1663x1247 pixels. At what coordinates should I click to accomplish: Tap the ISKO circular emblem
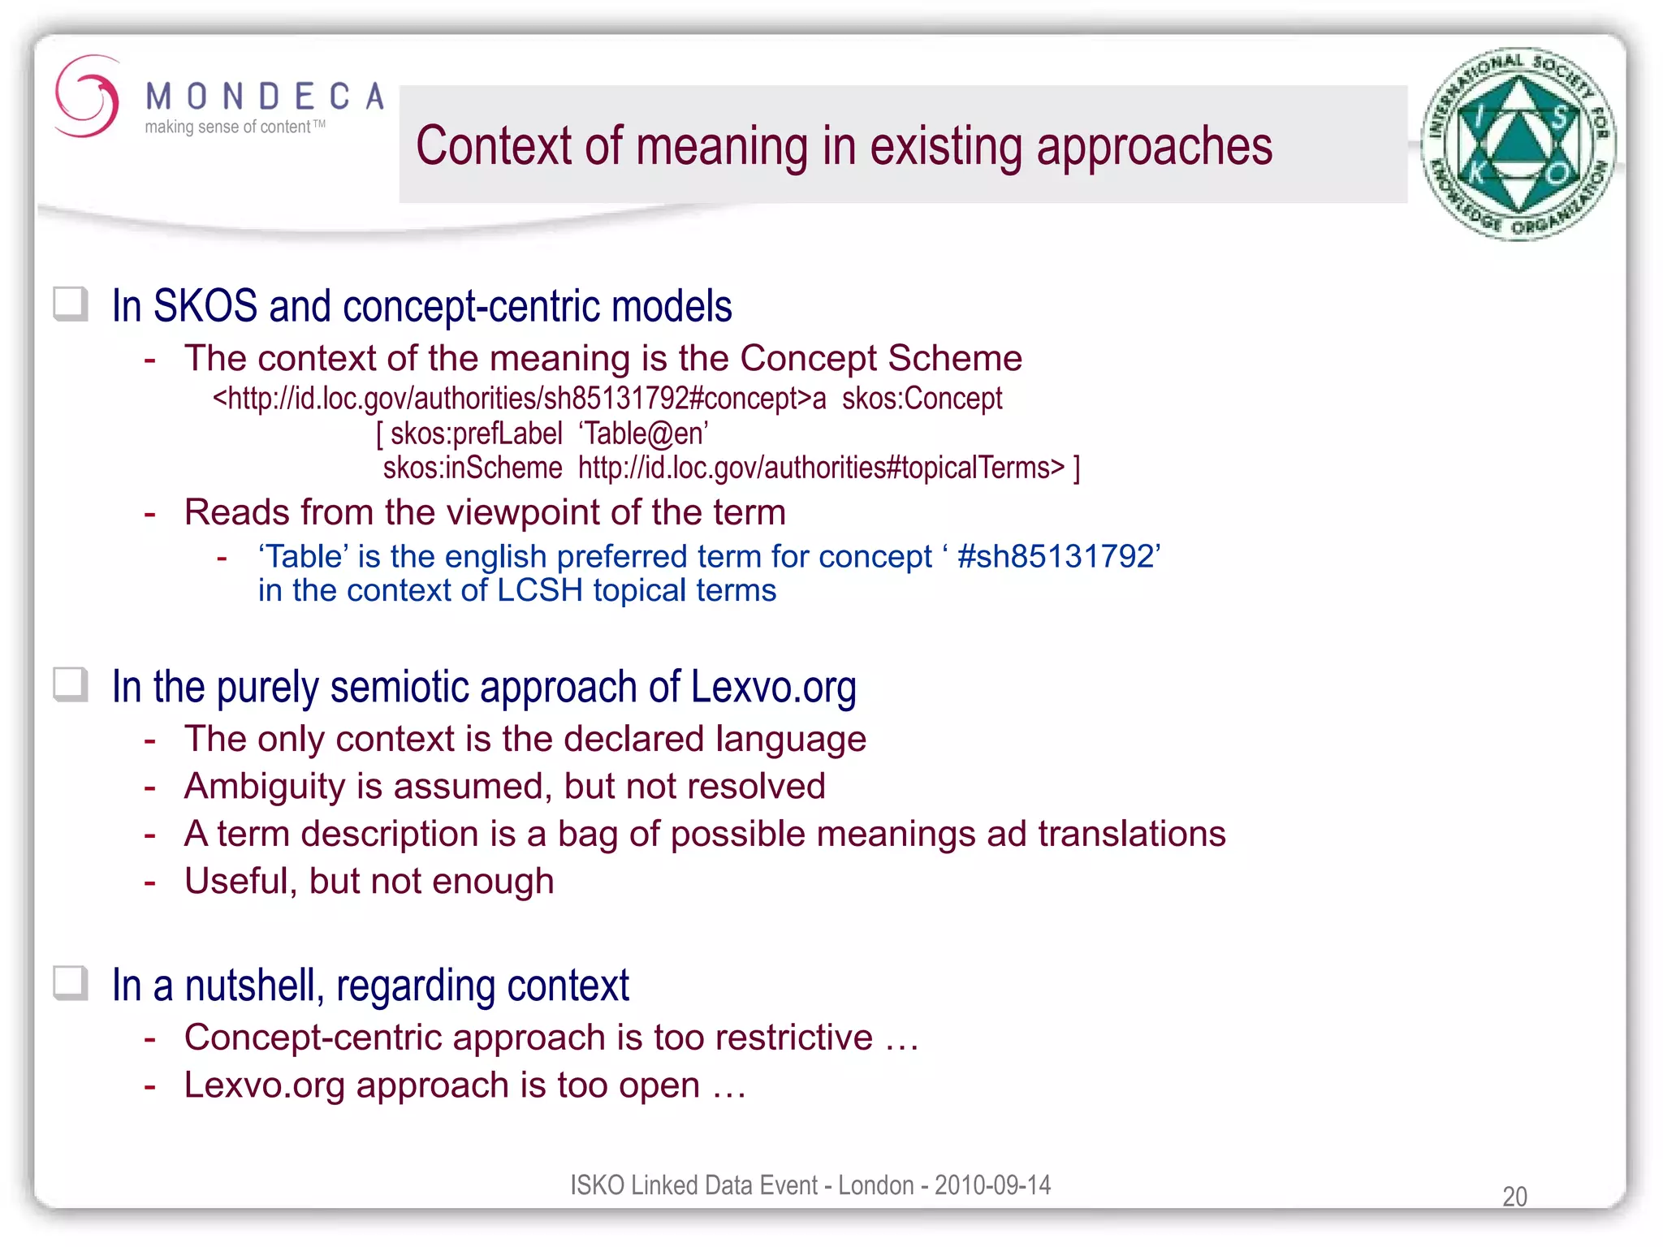click(x=1518, y=145)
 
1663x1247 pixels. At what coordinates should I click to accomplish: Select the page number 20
click(x=1514, y=1197)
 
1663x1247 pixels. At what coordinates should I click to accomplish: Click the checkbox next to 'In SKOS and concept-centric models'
click(x=71, y=304)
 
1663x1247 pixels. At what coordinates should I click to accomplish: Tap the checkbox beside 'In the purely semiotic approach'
click(x=71, y=684)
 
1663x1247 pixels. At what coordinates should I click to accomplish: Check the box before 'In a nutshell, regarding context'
click(x=71, y=983)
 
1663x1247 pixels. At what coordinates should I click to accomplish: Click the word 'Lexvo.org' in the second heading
click(x=773, y=687)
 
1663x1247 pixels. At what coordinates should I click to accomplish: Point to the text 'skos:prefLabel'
click(x=476, y=434)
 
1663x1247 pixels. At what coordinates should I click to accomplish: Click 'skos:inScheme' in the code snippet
click(x=473, y=468)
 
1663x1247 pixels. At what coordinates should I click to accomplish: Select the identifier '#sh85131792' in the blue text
click(x=1056, y=557)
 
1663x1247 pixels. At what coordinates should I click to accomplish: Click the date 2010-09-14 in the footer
click(x=992, y=1185)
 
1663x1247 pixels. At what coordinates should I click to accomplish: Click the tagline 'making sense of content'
click(x=228, y=127)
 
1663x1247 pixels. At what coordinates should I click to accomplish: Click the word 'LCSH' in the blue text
click(x=540, y=591)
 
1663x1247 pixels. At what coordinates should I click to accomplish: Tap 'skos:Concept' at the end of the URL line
click(x=922, y=399)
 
